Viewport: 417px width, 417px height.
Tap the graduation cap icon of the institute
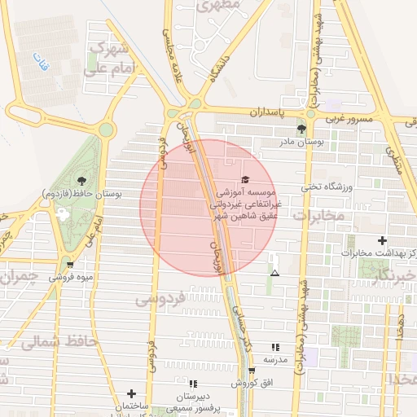[245, 179]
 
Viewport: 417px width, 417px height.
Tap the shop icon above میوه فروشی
[71, 264]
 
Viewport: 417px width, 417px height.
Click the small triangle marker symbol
[274, 273]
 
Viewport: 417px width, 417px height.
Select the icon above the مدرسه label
[274, 346]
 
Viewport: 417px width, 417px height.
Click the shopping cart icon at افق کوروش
[252, 371]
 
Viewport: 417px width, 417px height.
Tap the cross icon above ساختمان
[130, 393]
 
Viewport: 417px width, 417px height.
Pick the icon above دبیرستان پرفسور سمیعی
[193, 383]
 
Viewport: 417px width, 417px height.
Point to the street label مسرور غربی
[349, 119]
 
